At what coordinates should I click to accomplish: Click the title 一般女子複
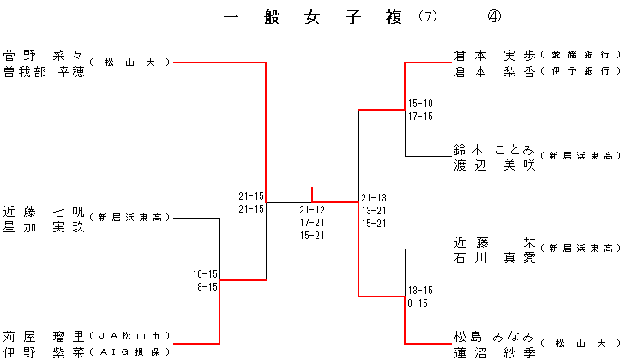tap(313, 17)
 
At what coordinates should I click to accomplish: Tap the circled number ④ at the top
tap(494, 17)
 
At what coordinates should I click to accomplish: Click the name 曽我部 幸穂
tap(44, 71)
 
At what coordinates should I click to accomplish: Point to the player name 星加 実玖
tap(44, 226)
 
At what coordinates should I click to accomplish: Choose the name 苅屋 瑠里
tap(44, 335)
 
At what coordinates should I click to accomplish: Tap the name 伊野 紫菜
tap(44, 351)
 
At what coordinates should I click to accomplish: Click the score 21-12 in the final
tap(312, 210)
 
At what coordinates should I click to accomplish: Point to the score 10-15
tap(206, 274)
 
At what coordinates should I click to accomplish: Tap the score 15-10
tap(420, 104)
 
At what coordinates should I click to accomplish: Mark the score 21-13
tap(374, 197)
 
